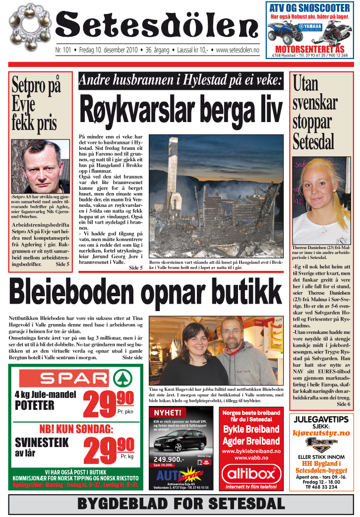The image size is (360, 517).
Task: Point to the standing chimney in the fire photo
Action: click(175, 169)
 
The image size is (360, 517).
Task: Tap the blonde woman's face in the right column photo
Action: click(318, 184)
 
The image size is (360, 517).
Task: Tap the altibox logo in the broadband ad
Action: click(251, 474)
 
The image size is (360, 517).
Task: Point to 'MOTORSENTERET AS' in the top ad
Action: click(310, 50)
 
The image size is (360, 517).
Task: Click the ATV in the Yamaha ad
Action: click(286, 33)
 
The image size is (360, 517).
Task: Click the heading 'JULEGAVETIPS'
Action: click(321, 420)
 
